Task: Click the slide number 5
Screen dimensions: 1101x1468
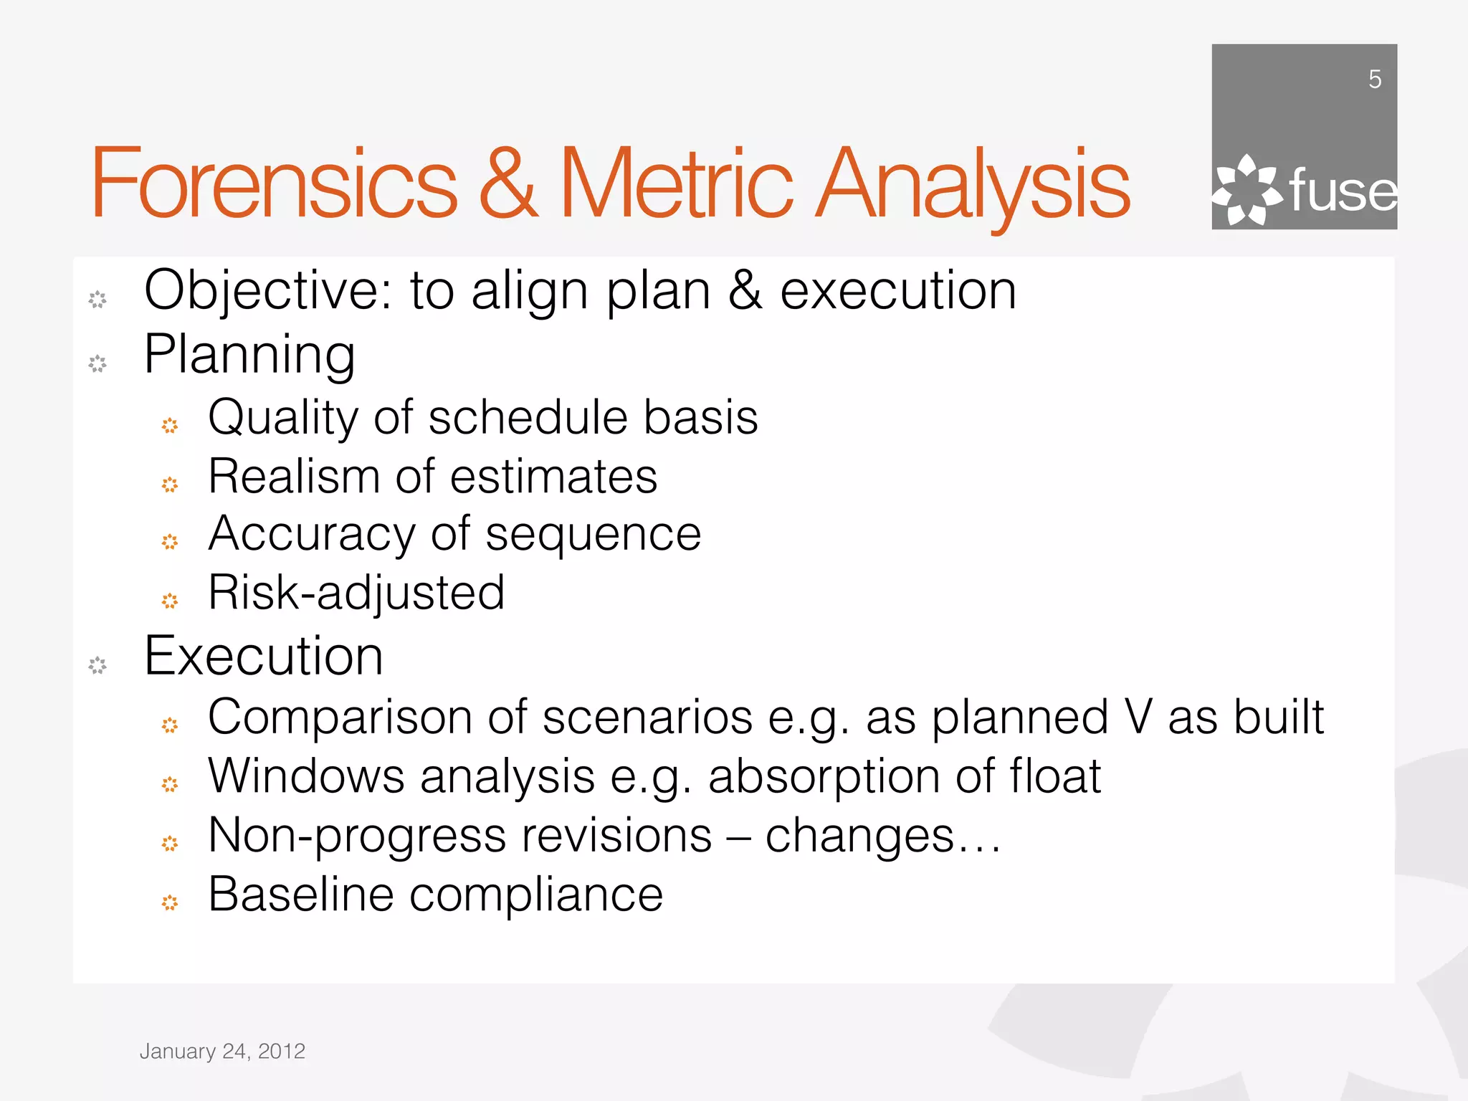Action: point(1374,79)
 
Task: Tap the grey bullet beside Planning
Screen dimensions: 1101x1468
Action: point(97,364)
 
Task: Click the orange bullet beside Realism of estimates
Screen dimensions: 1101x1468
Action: point(170,485)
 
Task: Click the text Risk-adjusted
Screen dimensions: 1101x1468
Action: point(356,594)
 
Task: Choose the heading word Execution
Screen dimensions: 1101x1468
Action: point(264,656)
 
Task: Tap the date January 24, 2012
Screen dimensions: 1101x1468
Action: point(222,1052)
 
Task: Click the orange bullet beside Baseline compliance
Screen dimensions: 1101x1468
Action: point(170,902)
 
